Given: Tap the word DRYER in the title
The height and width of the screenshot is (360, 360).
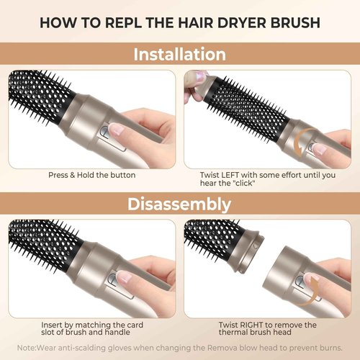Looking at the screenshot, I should click(235, 20).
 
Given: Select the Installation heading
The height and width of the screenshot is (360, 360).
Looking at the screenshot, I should click(179, 54).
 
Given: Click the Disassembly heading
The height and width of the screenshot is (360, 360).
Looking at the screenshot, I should click(179, 204).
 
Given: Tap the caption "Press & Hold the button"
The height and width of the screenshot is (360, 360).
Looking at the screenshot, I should click(91, 175).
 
